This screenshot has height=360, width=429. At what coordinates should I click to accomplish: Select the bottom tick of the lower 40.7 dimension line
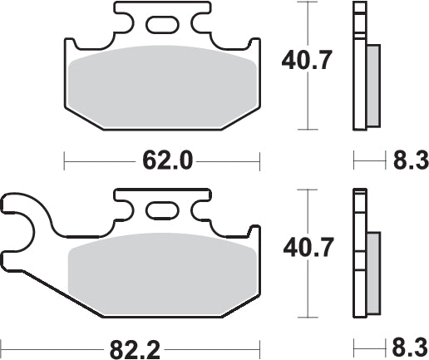tap(308, 318)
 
